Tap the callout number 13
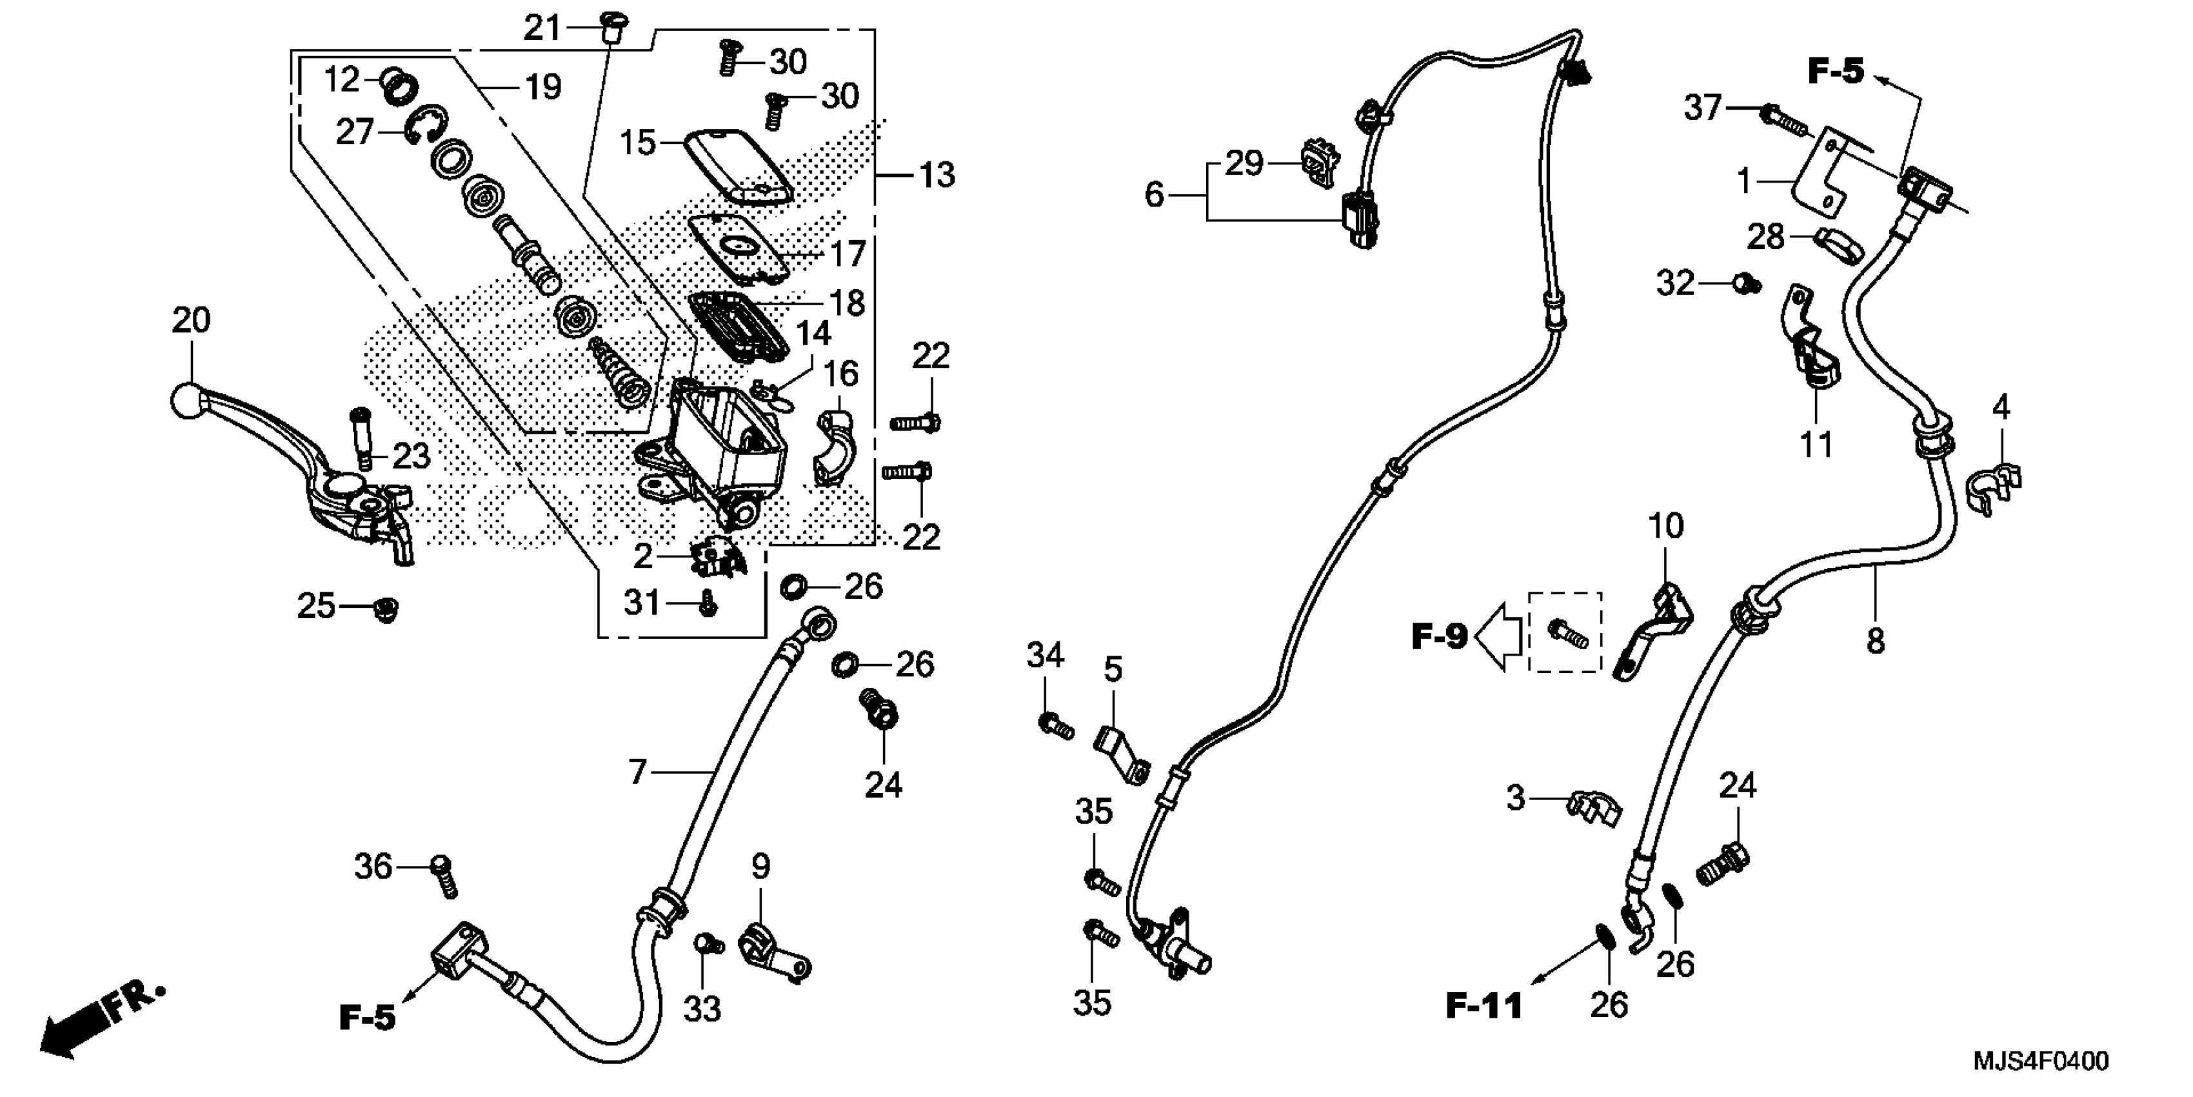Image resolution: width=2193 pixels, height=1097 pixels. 937,176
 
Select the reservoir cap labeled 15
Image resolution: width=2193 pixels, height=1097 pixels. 738,165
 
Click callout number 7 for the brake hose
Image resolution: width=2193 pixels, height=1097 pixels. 639,772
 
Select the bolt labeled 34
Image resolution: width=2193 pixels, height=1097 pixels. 1056,727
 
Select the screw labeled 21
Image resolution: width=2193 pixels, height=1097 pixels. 611,29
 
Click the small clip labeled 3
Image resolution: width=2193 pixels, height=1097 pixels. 1594,809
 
